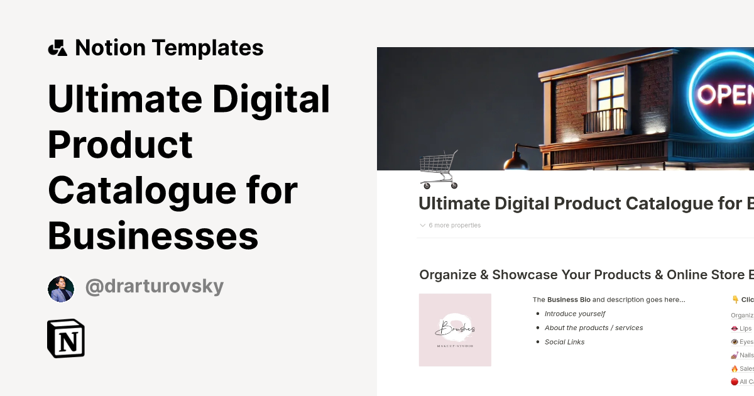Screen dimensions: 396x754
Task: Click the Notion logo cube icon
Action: (x=66, y=339)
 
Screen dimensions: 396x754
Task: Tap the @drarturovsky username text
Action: (x=154, y=287)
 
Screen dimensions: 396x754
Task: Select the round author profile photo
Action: (x=61, y=289)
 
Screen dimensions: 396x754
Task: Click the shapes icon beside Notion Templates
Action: (x=57, y=48)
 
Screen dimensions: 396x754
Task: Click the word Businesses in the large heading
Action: (x=153, y=236)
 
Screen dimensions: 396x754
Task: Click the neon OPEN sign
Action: (x=729, y=94)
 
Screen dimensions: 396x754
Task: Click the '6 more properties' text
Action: (x=454, y=225)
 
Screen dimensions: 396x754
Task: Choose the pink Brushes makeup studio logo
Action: (x=455, y=330)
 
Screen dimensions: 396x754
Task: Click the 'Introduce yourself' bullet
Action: (x=574, y=314)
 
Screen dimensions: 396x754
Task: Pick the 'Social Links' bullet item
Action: (x=564, y=342)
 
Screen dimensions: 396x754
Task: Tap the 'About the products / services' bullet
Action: (x=593, y=327)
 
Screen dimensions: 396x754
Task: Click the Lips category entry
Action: (x=741, y=328)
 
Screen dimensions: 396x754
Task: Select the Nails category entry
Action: (x=742, y=355)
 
